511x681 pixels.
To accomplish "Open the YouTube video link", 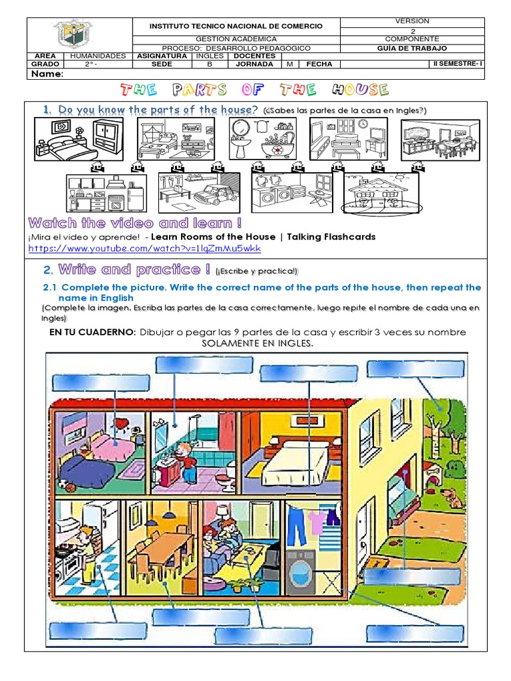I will tap(144, 249).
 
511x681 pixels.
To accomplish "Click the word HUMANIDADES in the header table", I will tap(98, 56).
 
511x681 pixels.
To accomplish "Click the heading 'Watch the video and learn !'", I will tap(135, 223).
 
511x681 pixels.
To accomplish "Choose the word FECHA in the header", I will tap(319, 65).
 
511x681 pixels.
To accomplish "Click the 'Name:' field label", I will tap(45, 74).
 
